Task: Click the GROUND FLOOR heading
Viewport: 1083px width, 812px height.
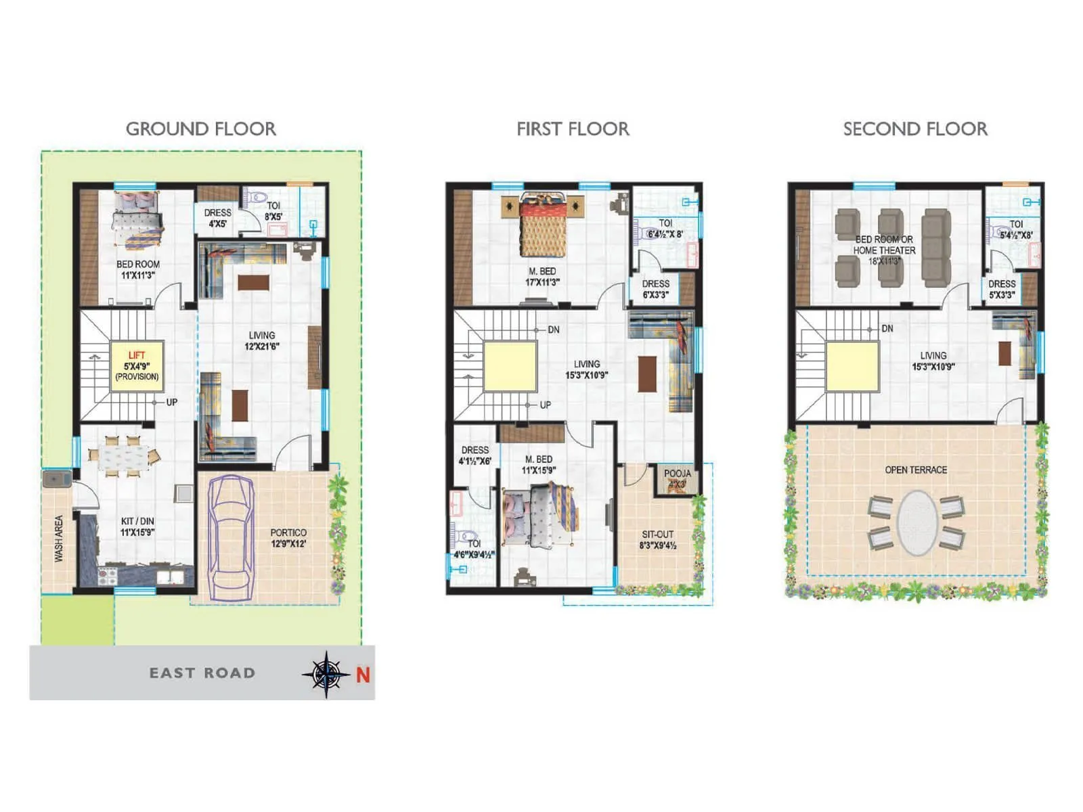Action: pyautogui.click(x=201, y=129)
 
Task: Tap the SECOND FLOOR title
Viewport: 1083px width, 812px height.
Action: pyautogui.click(x=915, y=129)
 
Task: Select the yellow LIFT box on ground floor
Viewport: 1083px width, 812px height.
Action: pyautogui.click(x=137, y=365)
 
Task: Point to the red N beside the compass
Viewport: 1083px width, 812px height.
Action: pyautogui.click(x=363, y=675)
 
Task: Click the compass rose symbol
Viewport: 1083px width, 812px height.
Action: pyautogui.click(x=326, y=674)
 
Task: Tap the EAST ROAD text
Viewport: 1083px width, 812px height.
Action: pyautogui.click(x=202, y=673)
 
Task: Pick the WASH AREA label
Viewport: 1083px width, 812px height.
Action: pyautogui.click(x=59, y=538)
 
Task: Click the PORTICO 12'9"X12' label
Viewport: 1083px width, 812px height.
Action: pyautogui.click(x=288, y=538)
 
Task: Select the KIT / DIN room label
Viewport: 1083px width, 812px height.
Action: pyautogui.click(x=137, y=526)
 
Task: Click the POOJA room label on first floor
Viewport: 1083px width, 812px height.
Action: pyautogui.click(x=677, y=478)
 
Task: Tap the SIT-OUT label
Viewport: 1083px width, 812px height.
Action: pyautogui.click(x=658, y=539)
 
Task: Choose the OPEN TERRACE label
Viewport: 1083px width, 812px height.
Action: pyautogui.click(x=916, y=470)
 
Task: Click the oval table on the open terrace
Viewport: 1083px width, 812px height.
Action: pyautogui.click(x=917, y=522)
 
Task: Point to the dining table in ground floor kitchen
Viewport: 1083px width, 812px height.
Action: pyautogui.click(x=123, y=455)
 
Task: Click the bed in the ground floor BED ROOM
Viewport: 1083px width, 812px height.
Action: pyautogui.click(x=138, y=221)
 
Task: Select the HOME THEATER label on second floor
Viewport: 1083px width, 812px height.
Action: pyautogui.click(x=884, y=250)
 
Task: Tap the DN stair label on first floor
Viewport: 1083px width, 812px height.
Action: pyautogui.click(x=554, y=330)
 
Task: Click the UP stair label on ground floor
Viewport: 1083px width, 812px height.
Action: pyautogui.click(x=172, y=402)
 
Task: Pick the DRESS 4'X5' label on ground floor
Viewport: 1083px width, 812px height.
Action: pyautogui.click(x=217, y=218)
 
